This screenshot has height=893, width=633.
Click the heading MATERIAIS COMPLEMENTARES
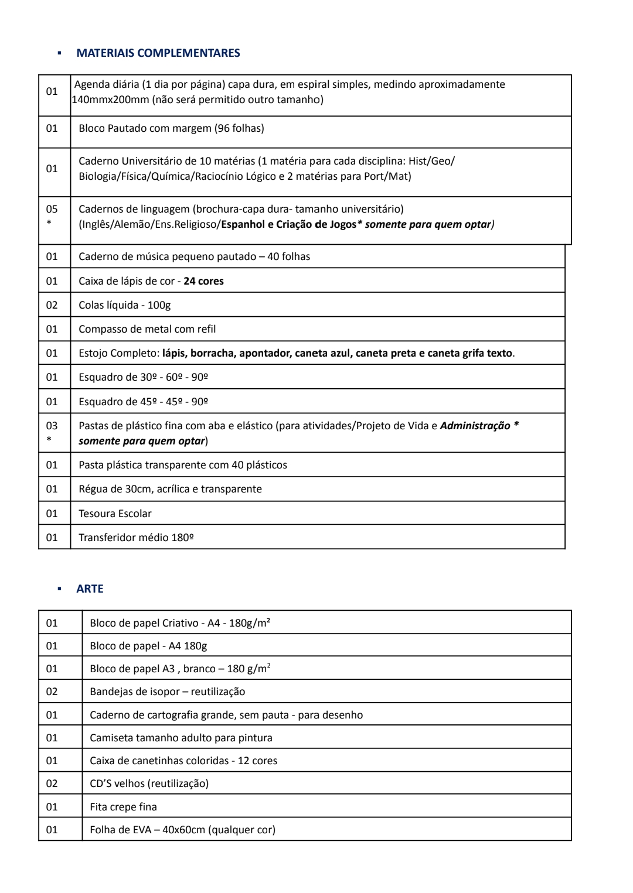click(158, 53)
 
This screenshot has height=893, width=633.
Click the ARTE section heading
click(90, 589)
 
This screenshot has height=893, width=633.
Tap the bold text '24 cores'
click(203, 281)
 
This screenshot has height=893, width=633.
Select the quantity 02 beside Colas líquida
click(52, 305)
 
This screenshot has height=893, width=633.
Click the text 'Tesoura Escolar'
click(115, 514)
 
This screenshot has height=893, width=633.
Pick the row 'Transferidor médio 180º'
click(136, 538)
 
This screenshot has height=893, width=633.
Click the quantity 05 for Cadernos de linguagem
click(52, 209)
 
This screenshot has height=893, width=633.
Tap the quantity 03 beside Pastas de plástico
click(52, 426)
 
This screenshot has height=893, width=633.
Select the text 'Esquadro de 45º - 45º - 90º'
click(144, 402)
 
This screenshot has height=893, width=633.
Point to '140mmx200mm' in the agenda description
click(110, 100)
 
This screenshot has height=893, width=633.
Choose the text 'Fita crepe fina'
click(123, 807)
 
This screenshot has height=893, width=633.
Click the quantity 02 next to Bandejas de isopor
click(52, 692)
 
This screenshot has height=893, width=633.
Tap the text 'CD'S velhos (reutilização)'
click(149, 783)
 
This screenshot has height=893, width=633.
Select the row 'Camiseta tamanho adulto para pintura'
click(181, 738)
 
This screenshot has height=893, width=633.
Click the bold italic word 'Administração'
click(475, 426)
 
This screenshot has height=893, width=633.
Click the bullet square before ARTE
click(59, 589)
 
